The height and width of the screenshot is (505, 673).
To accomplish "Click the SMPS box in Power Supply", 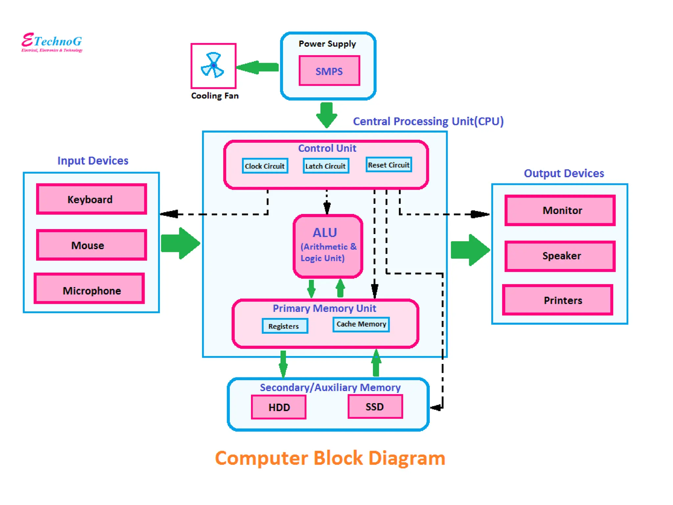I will pyautogui.click(x=329, y=71).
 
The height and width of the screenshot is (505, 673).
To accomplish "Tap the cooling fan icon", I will pyautogui.click(x=213, y=65).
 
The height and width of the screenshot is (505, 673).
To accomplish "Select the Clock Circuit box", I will pyautogui.click(x=265, y=166).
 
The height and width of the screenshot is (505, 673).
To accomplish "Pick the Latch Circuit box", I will pyautogui.click(x=325, y=166).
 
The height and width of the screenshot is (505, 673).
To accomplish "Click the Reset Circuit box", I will pyautogui.click(x=388, y=165).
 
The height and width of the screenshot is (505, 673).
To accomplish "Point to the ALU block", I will pyautogui.click(x=328, y=246).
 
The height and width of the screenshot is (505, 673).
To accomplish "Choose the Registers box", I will pyautogui.click(x=285, y=326).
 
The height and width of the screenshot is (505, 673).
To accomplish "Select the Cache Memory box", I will pyautogui.click(x=361, y=324).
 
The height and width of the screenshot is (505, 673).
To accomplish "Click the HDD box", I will pyautogui.click(x=279, y=407).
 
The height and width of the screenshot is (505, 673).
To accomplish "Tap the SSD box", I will pyautogui.click(x=375, y=407).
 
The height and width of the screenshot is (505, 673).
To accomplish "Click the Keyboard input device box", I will pyautogui.click(x=91, y=199).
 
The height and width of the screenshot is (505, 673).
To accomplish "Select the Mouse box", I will pyautogui.click(x=91, y=245).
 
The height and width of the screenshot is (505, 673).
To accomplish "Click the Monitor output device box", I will pyautogui.click(x=560, y=210).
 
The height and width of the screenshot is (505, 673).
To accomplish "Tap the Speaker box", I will pyautogui.click(x=560, y=256).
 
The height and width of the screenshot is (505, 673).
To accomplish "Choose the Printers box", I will pyautogui.click(x=557, y=300).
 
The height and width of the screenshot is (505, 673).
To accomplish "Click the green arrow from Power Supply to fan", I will pyautogui.click(x=258, y=67).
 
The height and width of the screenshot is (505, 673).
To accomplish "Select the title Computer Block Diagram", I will pyautogui.click(x=330, y=458).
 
